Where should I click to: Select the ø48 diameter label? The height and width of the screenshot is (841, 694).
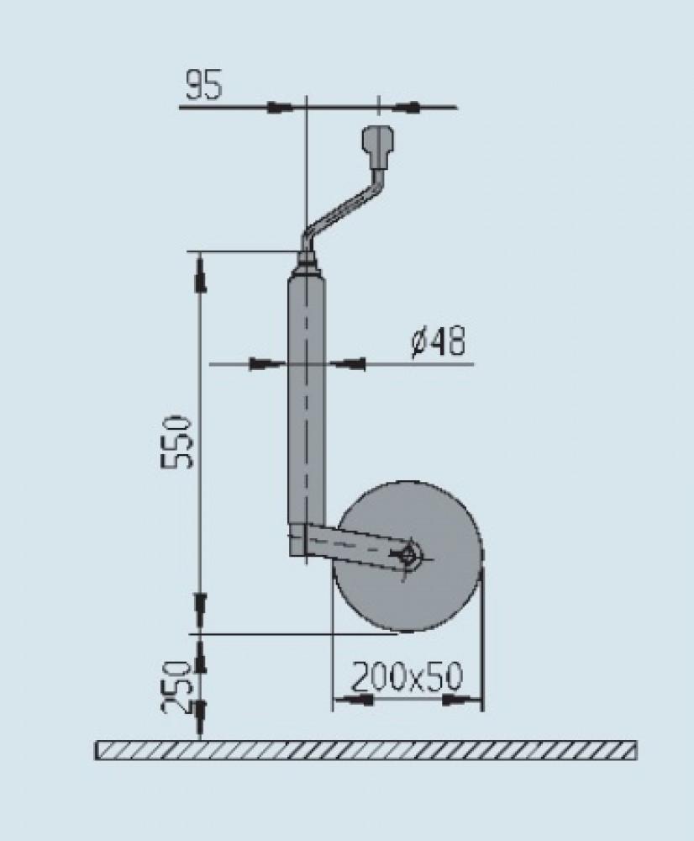pyautogui.click(x=438, y=342)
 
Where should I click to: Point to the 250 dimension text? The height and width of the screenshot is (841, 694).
pyautogui.click(x=176, y=686)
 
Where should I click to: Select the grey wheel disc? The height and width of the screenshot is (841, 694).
pyautogui.click(x=420, y=597)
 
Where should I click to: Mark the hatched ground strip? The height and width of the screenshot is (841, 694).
pyautogui.click(x=365, y=750)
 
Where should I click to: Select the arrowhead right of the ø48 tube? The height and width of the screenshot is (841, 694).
pyautogui.click(x=350, y=364)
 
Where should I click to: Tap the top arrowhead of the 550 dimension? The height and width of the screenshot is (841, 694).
pyautogui.click(x=201, y=275)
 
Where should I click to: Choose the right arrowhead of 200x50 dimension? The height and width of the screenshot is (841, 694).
pyautogui.click(x=460, y=699)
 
